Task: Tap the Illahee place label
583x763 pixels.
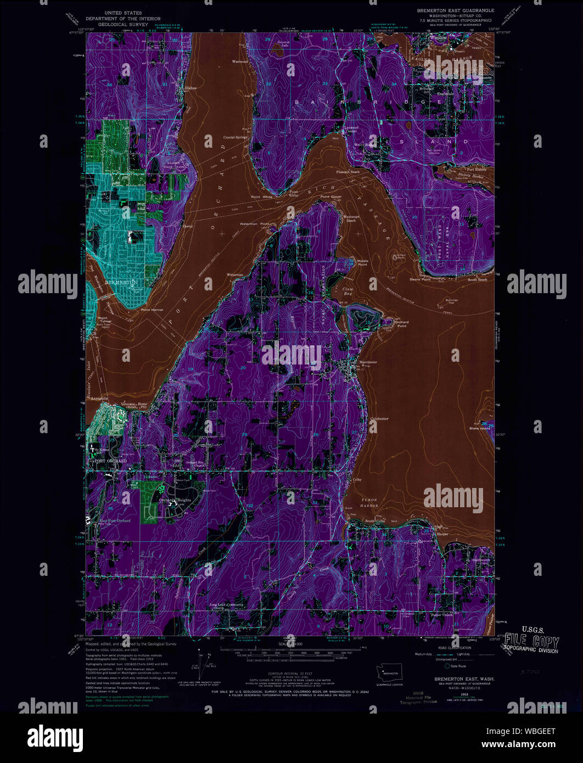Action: coord(190,88)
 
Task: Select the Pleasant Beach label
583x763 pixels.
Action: coord(348,172)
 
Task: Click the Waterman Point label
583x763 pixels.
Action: coord(257,224)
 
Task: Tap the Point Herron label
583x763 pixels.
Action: coord(152,310)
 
